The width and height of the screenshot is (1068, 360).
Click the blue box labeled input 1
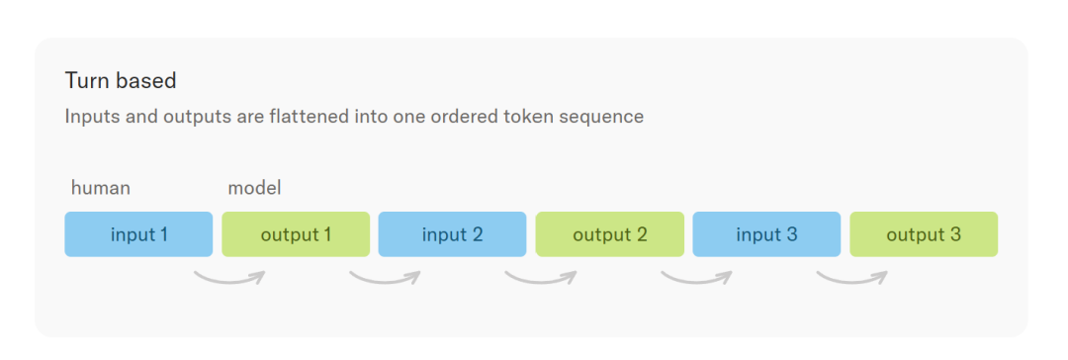138,234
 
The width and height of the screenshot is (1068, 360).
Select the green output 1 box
296,234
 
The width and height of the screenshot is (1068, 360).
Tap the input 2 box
452,234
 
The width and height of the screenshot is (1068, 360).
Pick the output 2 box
609,234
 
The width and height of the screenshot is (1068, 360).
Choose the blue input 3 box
766,234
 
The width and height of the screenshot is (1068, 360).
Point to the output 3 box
924,234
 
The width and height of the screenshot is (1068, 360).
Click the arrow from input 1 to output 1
228,281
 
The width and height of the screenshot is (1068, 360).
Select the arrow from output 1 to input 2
385,281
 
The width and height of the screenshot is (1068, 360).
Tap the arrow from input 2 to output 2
541,281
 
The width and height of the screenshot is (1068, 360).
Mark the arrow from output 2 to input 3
696,281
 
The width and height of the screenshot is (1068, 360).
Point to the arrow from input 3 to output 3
852,281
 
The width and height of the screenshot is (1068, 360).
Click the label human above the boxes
101,188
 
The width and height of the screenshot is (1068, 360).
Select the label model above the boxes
254,188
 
